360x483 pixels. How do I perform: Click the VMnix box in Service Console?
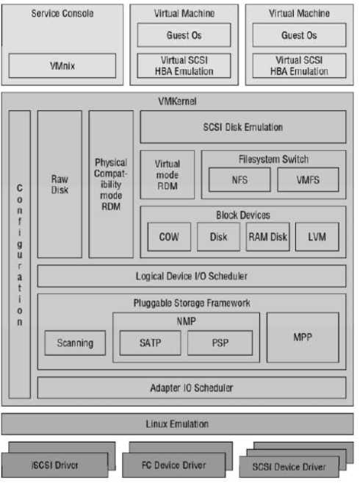click(62, 65)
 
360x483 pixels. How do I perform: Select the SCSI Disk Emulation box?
click(243, 127)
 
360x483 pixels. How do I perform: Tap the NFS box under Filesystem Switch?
click(240, 179)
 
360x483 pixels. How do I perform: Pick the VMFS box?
click(308, 179)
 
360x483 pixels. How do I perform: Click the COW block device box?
click(169, 237)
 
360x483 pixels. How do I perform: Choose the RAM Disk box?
click(268, 237)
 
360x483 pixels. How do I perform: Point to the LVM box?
click(317, 237)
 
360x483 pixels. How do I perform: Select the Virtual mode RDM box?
click(168, 175)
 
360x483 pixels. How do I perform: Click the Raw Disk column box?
click(60, 185)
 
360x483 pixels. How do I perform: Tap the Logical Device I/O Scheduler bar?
click(192, 276)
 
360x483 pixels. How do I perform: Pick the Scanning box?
click(75, 343)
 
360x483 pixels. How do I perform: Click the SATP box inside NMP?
click(151, 343)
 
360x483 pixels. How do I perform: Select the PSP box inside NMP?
click(220, 343)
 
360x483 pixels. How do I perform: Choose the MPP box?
click(303, 337)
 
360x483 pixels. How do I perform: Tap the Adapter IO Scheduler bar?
click(192, 388)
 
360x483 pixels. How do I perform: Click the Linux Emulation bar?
click(177, 424)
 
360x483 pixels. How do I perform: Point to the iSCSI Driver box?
click(55, 465)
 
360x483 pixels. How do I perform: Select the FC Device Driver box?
click(173, 465)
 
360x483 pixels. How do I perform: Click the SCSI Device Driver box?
click(289, 467)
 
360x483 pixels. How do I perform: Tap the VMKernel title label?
click(177, 101)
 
